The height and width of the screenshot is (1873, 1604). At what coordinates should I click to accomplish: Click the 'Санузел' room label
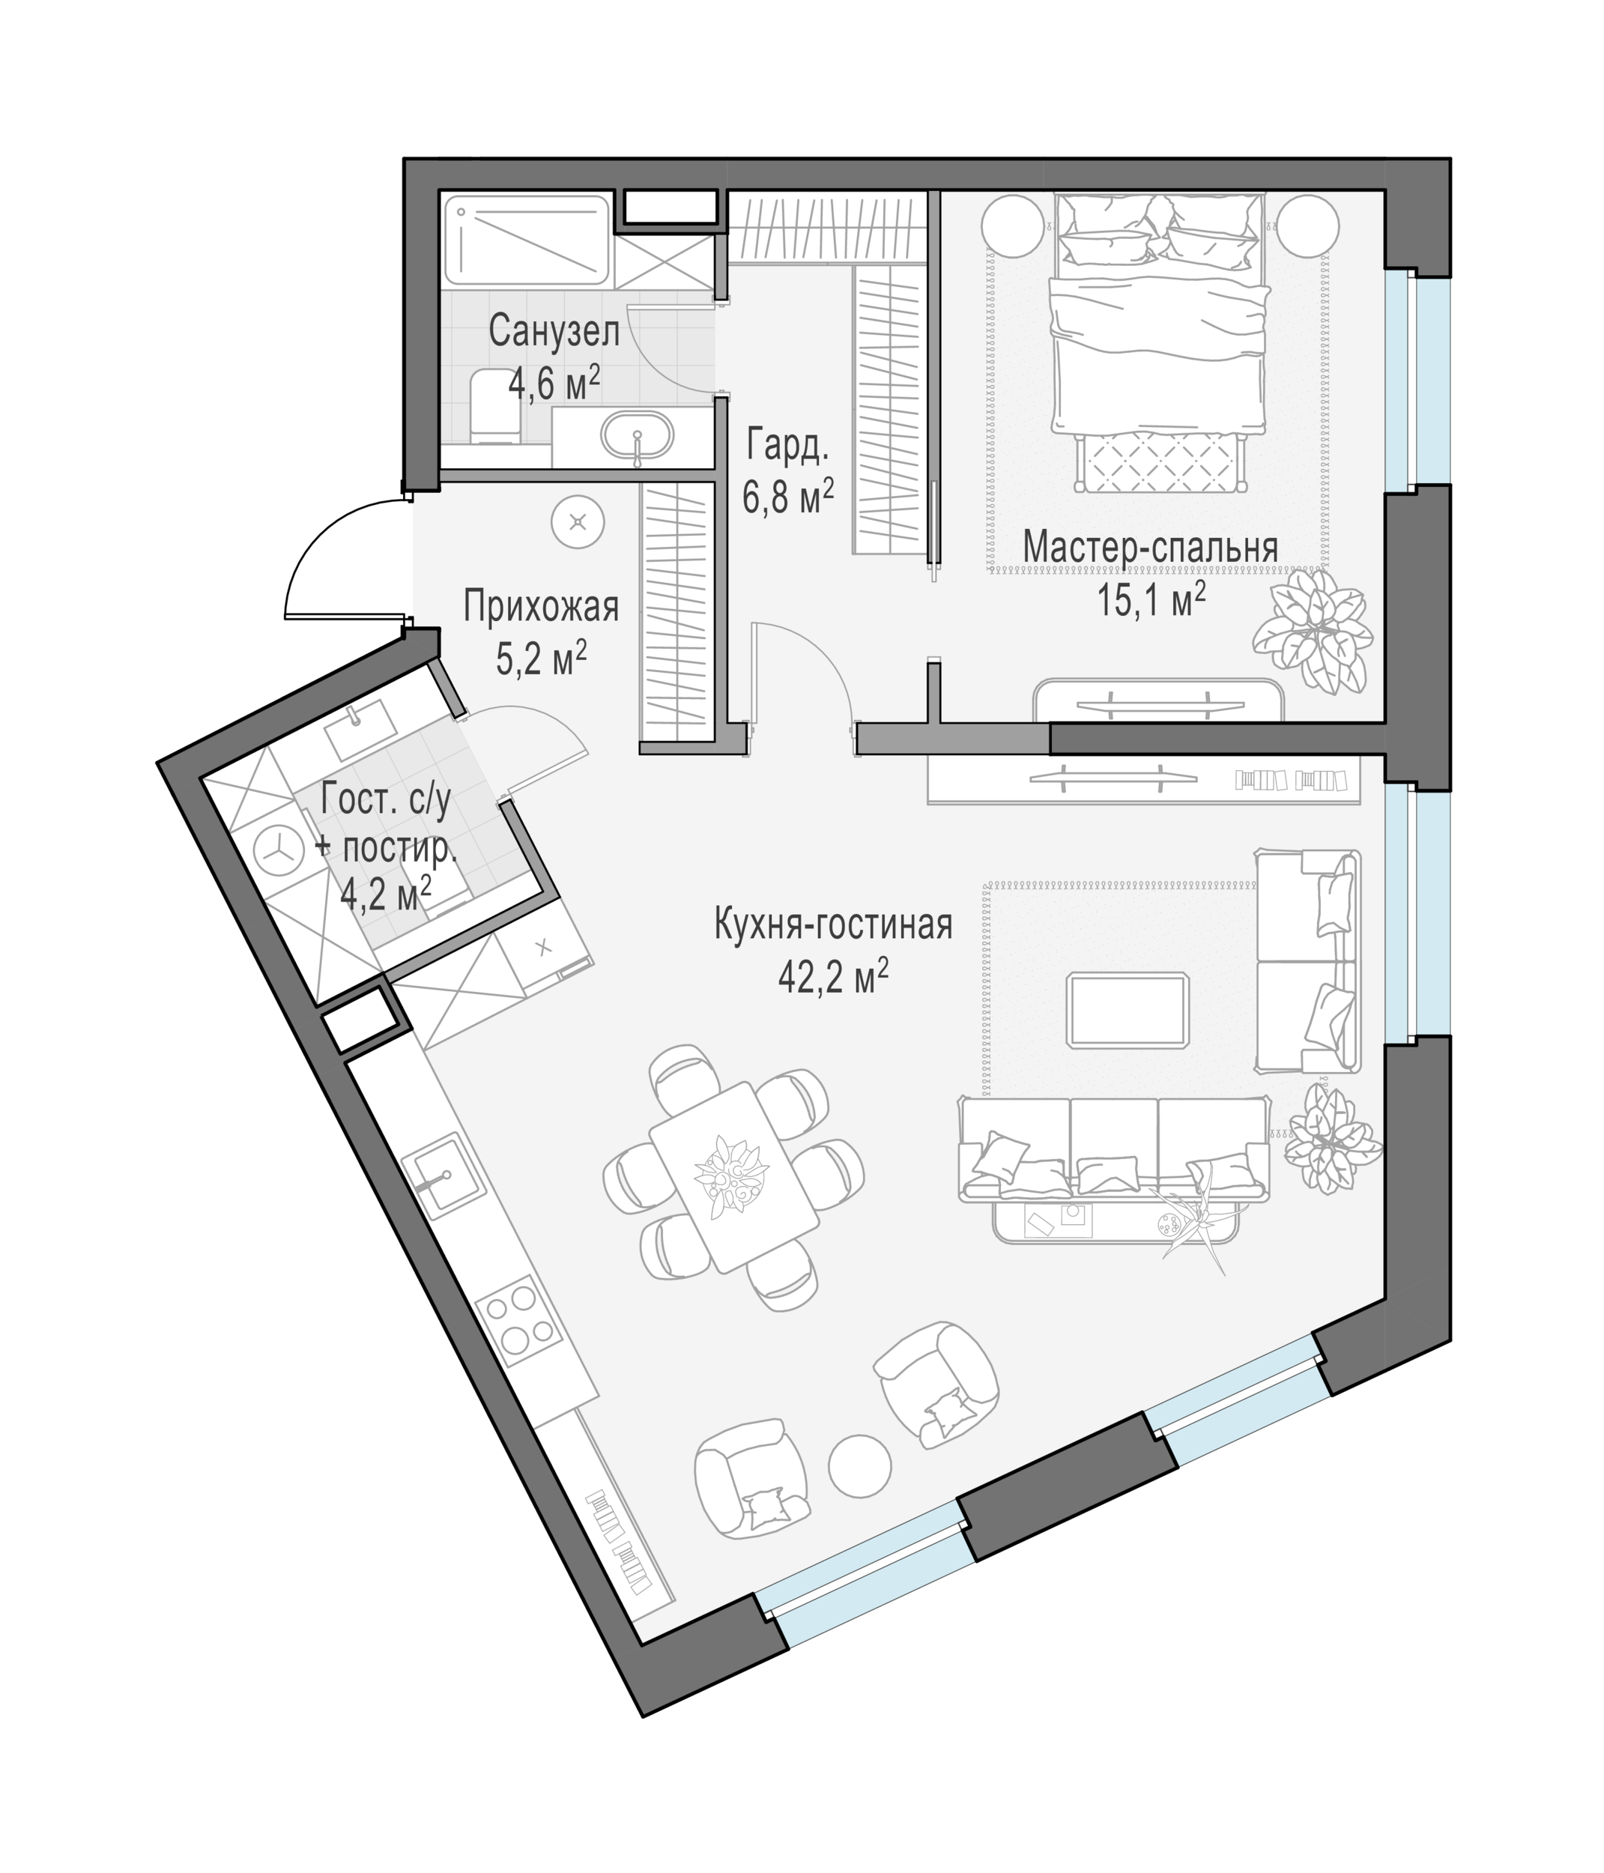(x=554, y=332)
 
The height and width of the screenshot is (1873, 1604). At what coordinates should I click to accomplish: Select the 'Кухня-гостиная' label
(x=833, y=926)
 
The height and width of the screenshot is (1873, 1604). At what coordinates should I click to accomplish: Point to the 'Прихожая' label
(x=541, y=607)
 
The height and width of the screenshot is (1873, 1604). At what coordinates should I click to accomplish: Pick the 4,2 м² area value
(x=385, y=894)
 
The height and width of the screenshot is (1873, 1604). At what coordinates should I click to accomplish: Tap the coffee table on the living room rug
(x=1127, y=1010)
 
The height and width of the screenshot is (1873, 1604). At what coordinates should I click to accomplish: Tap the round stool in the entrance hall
(x=578, y=522)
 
